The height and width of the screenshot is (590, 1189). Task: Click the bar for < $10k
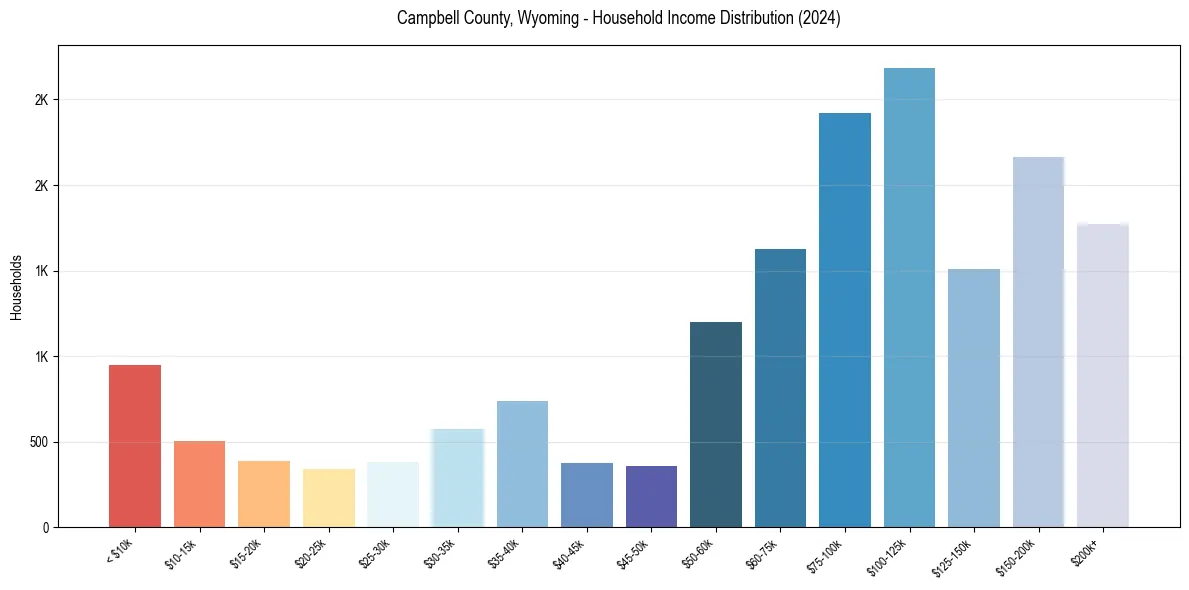pyautogui.click(x=135, y=446)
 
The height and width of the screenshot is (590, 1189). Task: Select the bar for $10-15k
pyautogui.click(x=199, y=484)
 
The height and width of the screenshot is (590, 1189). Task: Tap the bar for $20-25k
pyautogui.click(x=328, y=498)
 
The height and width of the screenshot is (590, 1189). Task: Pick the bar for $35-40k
pyautogui.click(x=522, y=464)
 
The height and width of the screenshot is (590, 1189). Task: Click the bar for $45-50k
pyautogui.click(x=651, y=496)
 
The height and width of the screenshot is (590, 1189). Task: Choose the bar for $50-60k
pyautogui.click(x=716, y=424)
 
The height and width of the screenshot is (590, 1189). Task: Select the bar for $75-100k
pyautogui.click(x=845, y=320)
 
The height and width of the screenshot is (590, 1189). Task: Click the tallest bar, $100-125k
pyautogui.click(x=909, y=297)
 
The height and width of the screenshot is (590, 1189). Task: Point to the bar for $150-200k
pyautogui.click(x=1038, y=342)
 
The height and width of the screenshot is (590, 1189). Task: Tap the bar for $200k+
pyautogui.click(x=1103, y=375)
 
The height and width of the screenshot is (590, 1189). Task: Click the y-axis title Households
pyautogui.click(x=17, y=287)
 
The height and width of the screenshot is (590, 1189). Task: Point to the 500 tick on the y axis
pyautogui.click(x=37, y=442)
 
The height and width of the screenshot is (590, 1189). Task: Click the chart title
pyautogui.click(x=618, y=19)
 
